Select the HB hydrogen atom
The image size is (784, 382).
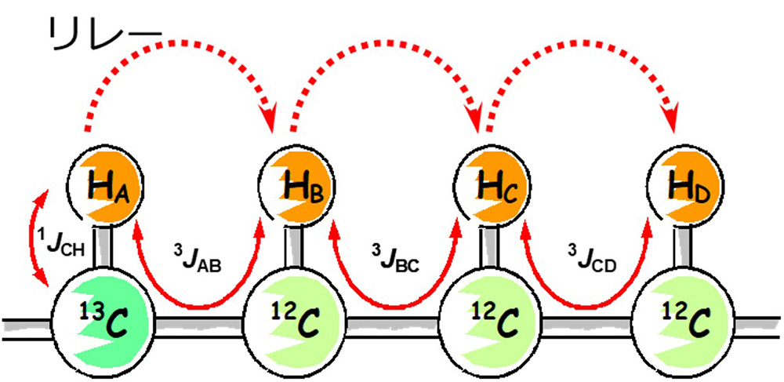coord(296,187)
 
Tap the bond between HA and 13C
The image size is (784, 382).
coord(106,246)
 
